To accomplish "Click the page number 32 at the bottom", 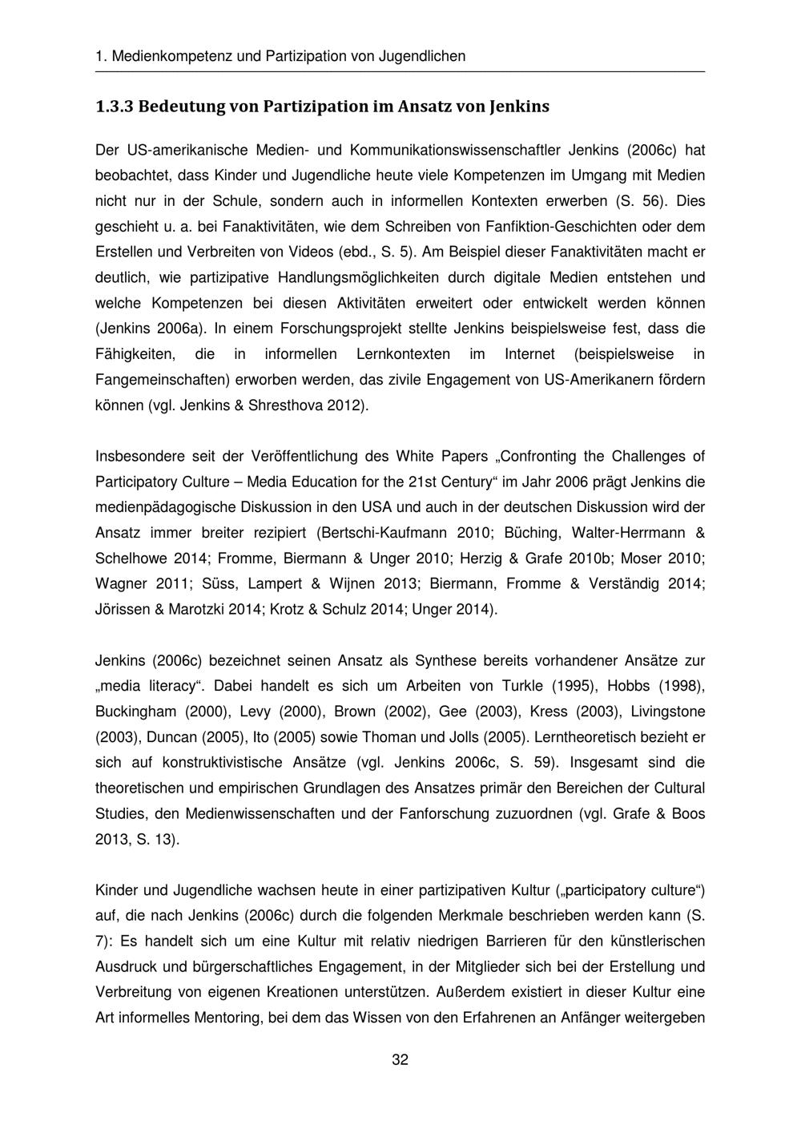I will pyautogui.click(x=400, y=1060).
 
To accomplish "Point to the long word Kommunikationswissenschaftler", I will pyautogui.click(x=460, y=150).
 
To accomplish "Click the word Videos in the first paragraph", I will pyautogui.click(x=305, y=252).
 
